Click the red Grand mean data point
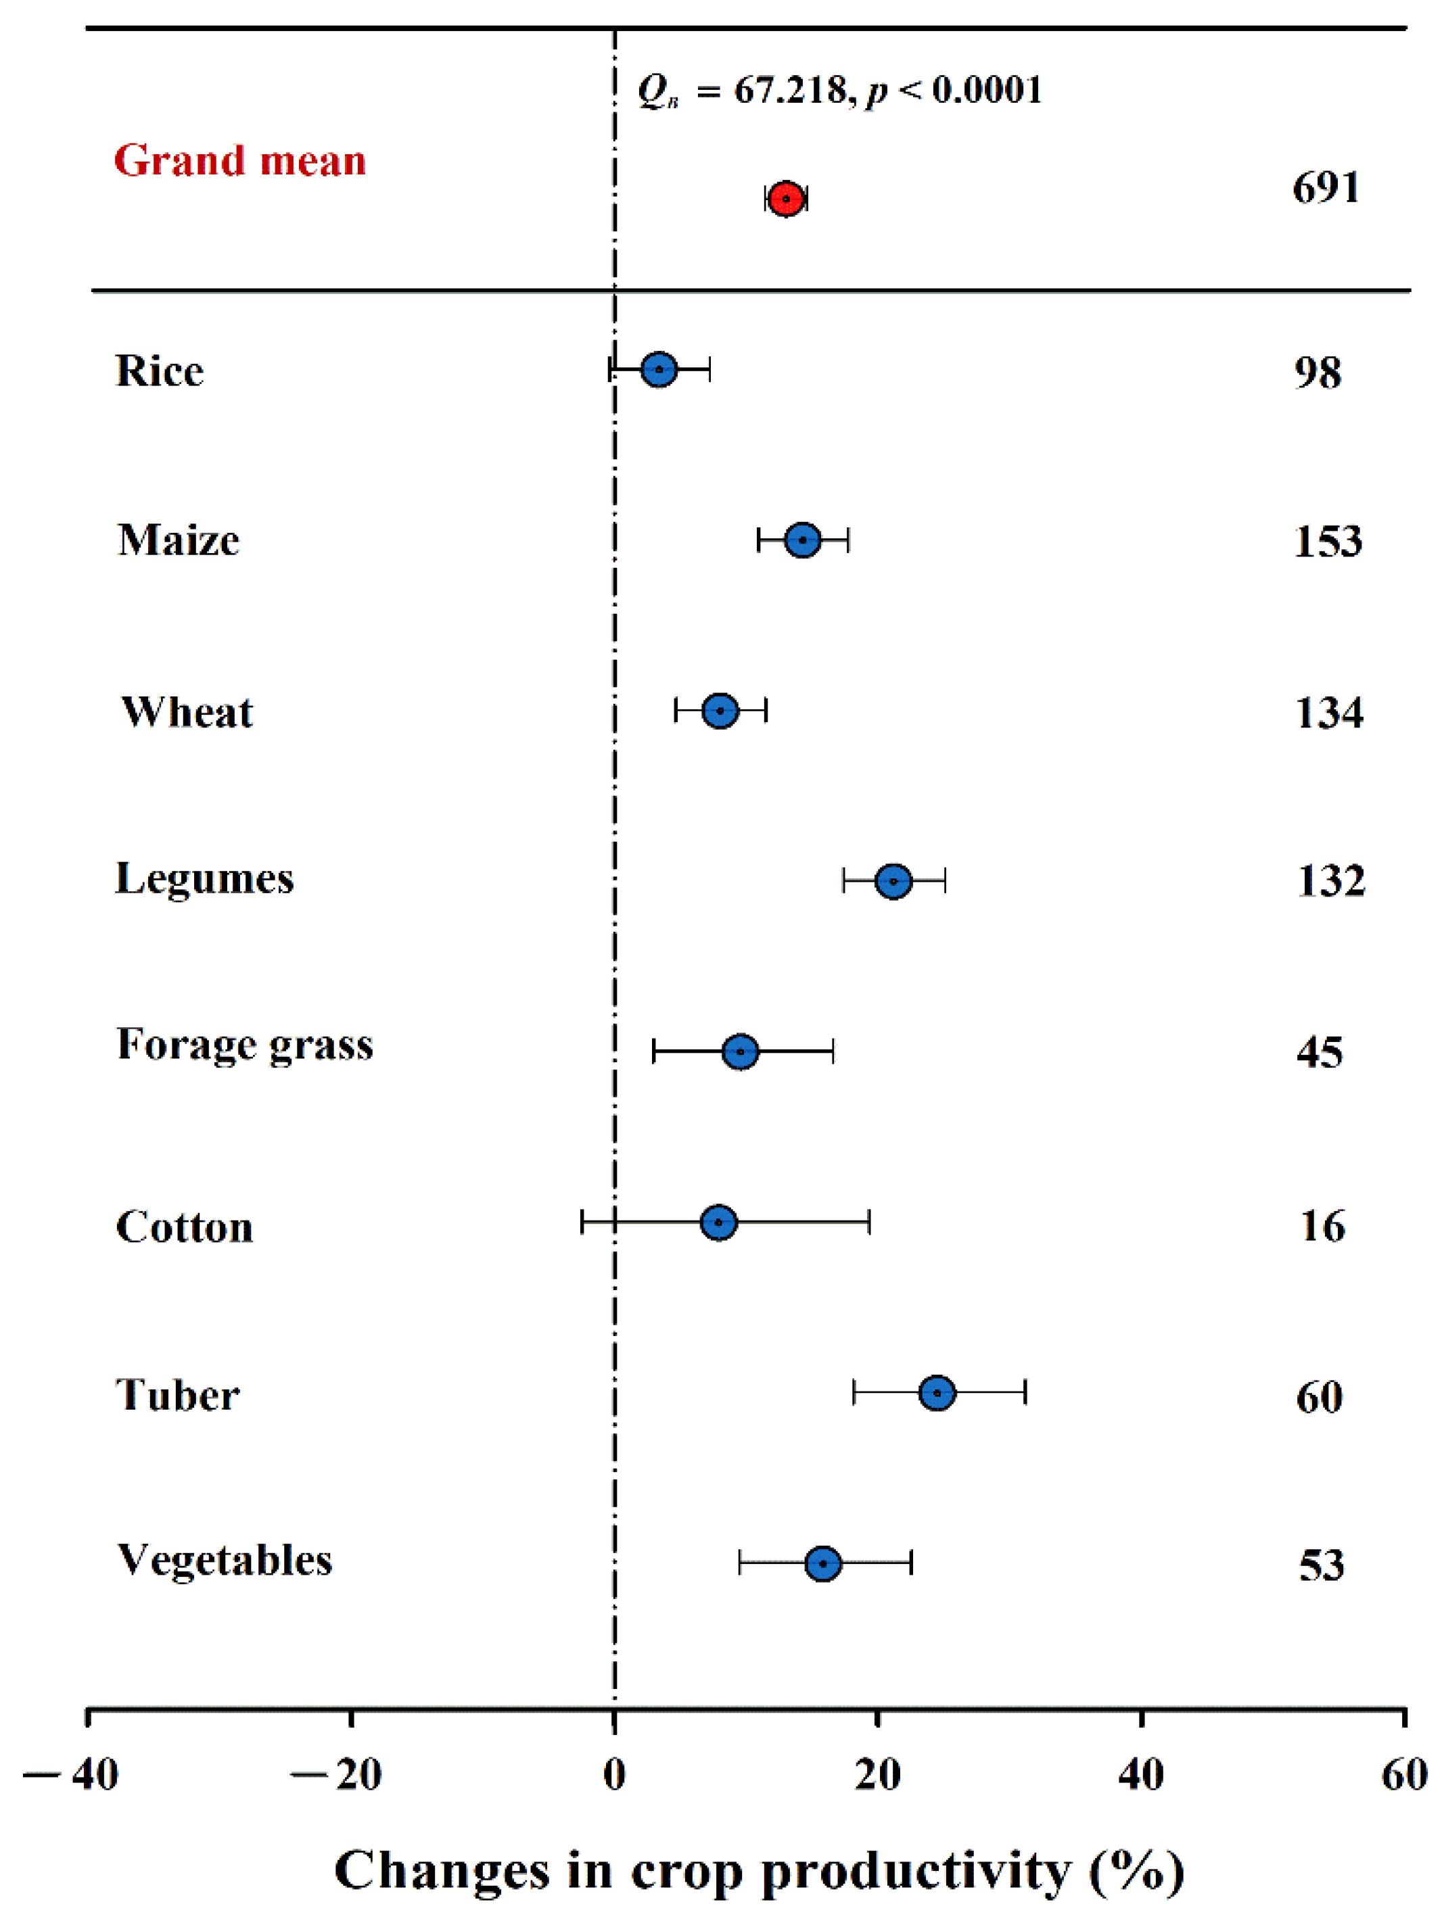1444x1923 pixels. pyautogui.click(x=785, y=199)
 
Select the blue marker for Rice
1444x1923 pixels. pyautogui.click(x=659, y=369)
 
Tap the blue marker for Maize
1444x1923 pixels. pyautogui.click(x=802, y=540)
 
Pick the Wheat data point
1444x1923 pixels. pyautogui.click(x=720, y=710)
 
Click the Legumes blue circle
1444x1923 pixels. pyautogui.click(x=893, y=880)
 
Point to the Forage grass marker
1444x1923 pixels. pyautogui.click(x=740, y=1051)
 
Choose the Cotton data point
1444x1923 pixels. pyautogui.click(x=718, y=1222)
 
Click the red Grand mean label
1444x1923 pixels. pyautogui.click(x=240, y=161)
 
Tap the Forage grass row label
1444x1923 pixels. pyautogui.click(x=244, y=1044)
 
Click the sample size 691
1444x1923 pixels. pyautogui.click(x=1325, y=188)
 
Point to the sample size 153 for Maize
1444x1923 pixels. pyautogui.click(x=1328, y=541)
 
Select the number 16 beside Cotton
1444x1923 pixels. pyautogui.click(x=1322, y=1226)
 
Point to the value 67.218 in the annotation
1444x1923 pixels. pyautogui.click(x=789, y=89)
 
